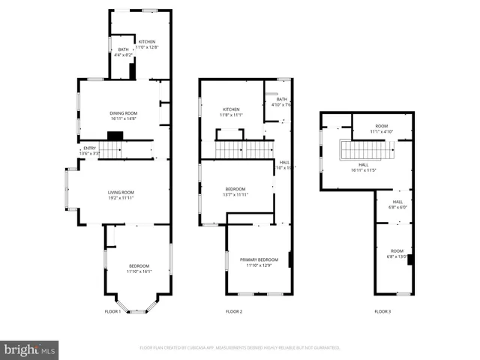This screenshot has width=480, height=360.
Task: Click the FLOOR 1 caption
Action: tap(112, 311)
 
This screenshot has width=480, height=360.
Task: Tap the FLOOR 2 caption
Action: tap(234, 311)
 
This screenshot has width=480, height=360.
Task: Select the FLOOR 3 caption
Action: tap(382, 311)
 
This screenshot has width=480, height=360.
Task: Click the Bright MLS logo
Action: tap(30, 349)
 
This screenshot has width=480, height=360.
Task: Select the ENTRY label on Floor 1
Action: tap(89, 148)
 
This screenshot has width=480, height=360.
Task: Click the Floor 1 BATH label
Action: tap(122, 49)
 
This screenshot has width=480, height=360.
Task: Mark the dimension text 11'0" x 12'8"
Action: tap(148, 47)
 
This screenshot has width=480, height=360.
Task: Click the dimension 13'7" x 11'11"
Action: tap(235, 194)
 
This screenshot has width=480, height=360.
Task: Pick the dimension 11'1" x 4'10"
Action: tap(382, 132)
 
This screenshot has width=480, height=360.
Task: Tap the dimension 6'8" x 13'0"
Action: tap(397, 256)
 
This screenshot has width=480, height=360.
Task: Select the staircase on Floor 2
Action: tap(244, 148)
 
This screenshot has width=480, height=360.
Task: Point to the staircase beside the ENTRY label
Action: tap(112, 151)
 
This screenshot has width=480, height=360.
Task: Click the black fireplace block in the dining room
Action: tap(115, 136)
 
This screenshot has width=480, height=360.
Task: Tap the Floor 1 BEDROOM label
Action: tap(139, 266)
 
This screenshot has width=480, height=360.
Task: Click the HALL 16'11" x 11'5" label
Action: tap(364, 167)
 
